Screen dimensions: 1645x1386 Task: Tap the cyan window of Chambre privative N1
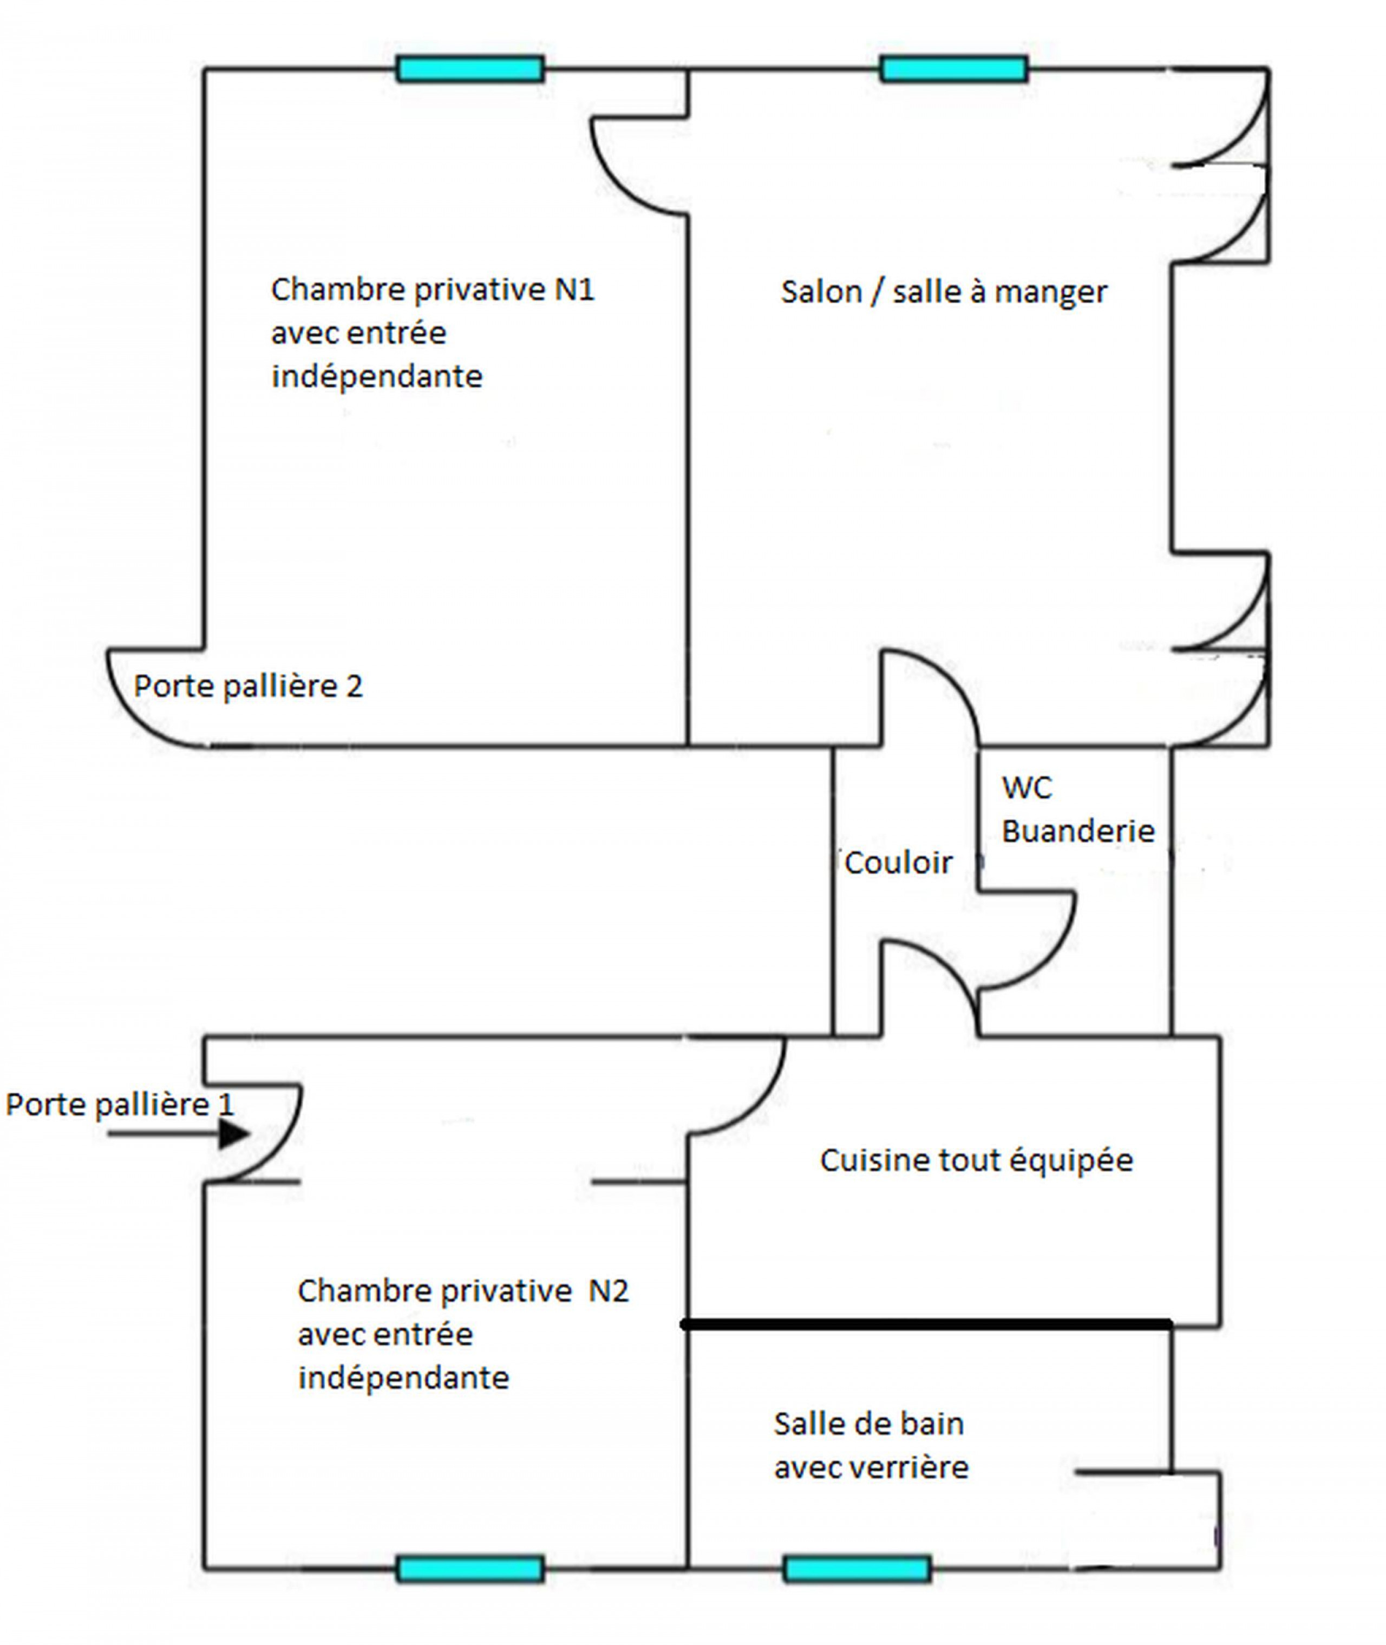(x=470, y=69)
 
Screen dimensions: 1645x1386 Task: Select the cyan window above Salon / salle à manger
(x=953, y=69)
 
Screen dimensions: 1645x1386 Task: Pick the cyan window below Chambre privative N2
(x=470, y=1569)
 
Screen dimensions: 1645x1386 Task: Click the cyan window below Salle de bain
(x=857, y=1569)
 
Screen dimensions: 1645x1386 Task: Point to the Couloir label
(x=898, y=863)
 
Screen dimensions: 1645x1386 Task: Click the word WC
(x=1026, y=787)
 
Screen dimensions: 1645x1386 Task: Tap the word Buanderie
(x=1078, y=831)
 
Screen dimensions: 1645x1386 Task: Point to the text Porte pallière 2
(x=249, y=686)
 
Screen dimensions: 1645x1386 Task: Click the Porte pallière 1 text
(x=120, y=1104)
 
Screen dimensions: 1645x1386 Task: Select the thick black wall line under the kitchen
(x=927, y=1325)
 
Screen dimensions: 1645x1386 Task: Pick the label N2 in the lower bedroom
(x=609, y=1290)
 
